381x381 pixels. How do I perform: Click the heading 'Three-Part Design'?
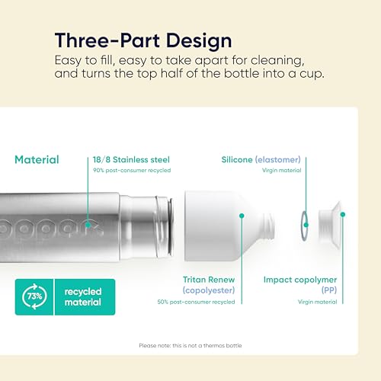click(x=143, y=40)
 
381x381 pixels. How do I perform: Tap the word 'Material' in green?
click(x=37, y=160)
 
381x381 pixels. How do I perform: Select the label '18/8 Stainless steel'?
click(x=131, y=160)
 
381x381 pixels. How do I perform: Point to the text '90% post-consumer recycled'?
click(x=132, y=170)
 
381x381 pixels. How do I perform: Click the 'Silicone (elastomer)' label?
click(x=261, y=160)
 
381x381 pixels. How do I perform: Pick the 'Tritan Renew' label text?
click(x=209, y=280)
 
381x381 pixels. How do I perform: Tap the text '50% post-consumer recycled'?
click(x=196, y=302)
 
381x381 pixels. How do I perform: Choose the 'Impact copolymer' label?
click(x=300, y=280)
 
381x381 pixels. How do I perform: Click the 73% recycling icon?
click(x=34, y=296)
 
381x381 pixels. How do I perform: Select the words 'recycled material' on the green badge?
click(x=83, y=296)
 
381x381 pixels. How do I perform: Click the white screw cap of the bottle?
click(x=330, y=226)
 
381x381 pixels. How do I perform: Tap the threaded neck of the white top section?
click(x=269, y=226)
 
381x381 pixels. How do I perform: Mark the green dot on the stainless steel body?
click(x=88, y=225)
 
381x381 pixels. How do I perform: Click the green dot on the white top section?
click(x=242, y=216)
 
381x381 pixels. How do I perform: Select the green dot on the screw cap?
click(x=343, y=215)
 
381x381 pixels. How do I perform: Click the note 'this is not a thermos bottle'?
click(x=207, y=345)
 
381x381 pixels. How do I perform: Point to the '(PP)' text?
click(x=329, y=290)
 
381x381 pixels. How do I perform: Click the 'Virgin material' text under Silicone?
click(x=281, y=170)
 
